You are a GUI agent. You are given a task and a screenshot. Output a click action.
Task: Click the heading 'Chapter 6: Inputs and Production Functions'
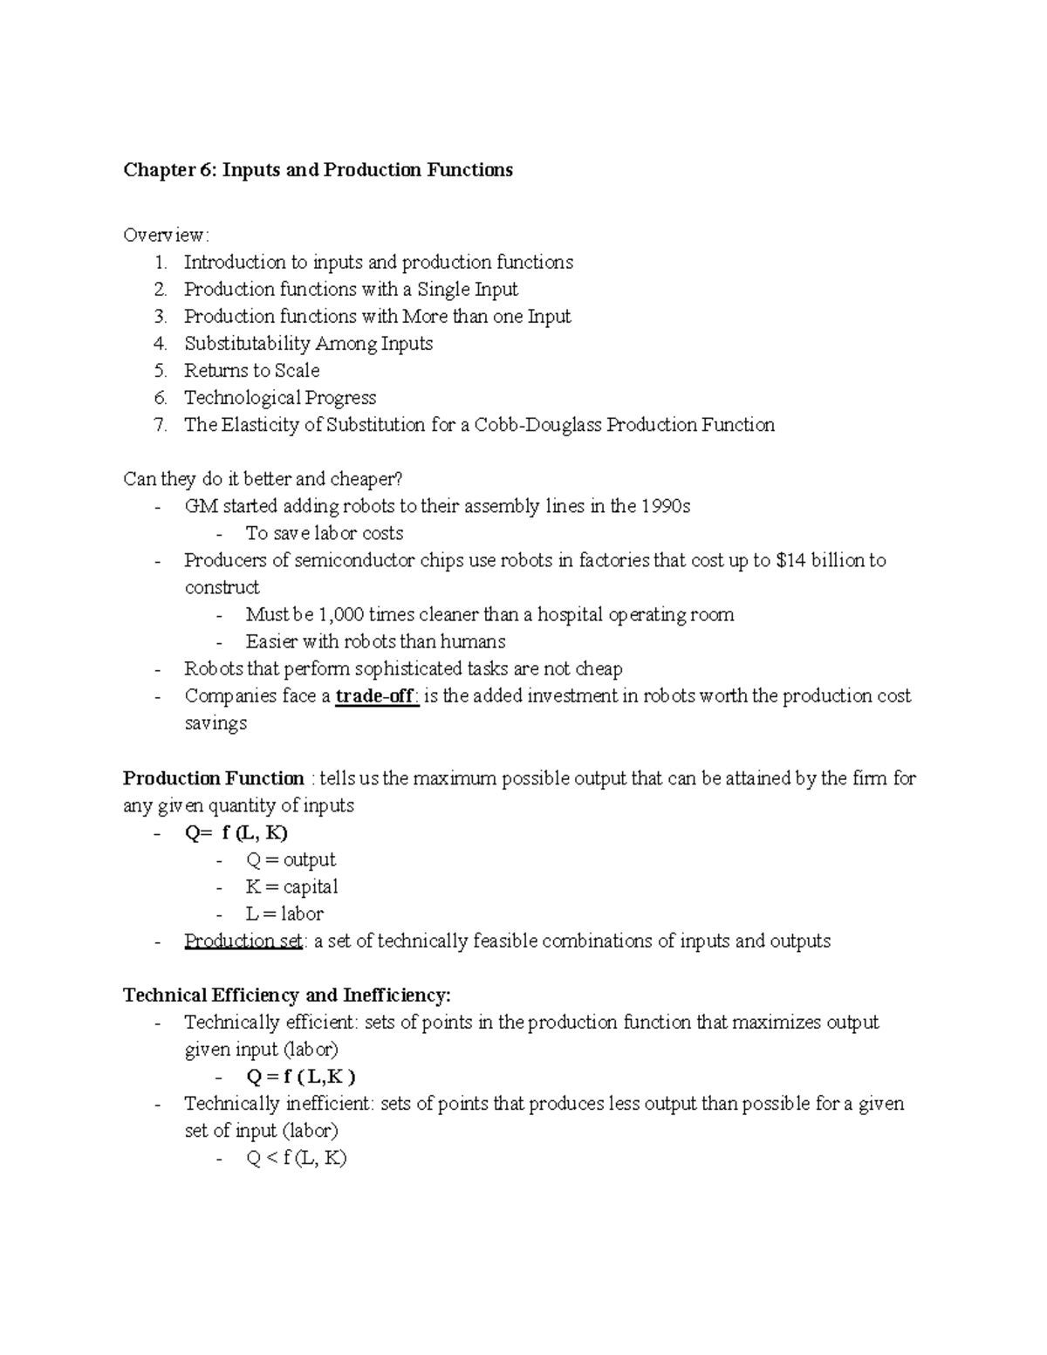[318, 169]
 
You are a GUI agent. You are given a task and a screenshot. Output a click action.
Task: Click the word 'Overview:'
[166, 235]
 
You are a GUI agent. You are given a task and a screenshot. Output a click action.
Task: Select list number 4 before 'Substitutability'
[160, 344]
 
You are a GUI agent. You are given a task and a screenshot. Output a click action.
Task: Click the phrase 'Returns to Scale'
[251, 371]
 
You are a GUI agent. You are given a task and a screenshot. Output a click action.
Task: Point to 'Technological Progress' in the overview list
[280, 398]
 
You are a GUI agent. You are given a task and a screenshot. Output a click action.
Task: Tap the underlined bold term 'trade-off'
[376, 696]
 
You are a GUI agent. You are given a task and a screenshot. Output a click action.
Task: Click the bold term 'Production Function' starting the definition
[213, 778]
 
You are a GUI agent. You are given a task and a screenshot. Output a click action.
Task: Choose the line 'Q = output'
[291, 859]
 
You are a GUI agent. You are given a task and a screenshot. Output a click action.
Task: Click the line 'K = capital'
[291, 886]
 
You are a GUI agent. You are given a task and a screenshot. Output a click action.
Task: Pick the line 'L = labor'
[284, 914]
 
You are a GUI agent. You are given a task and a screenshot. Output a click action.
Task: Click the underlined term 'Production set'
[243, 941]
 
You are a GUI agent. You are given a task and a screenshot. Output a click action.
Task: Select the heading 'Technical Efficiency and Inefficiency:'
[287, 996]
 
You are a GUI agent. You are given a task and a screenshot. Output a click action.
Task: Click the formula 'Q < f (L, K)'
[297, 1158]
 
